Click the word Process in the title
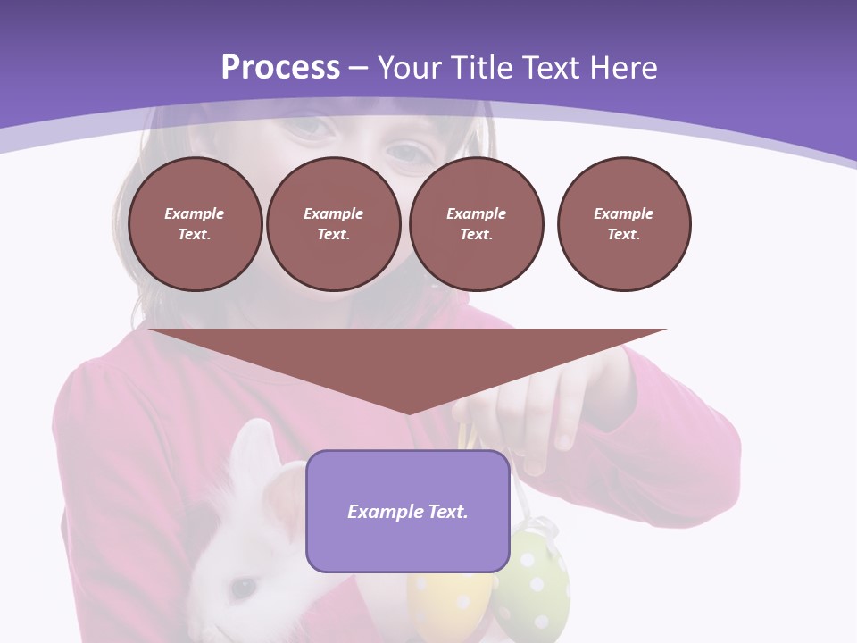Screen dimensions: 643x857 pos(280,68)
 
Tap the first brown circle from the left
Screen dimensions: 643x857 pos(195,224)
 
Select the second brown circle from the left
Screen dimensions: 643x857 pos(333,224)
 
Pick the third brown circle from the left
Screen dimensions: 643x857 pos(476,224)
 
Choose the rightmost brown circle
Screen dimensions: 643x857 pos(623,224)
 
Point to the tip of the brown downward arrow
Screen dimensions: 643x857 pos(408,413)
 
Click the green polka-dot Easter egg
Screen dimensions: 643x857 pos(532,585)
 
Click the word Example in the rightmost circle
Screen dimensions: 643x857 pos(623,213)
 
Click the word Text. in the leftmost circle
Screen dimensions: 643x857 pos(195,235)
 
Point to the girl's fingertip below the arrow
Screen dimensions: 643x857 pos(563,439)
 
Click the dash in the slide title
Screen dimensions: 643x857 pos(359,68)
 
